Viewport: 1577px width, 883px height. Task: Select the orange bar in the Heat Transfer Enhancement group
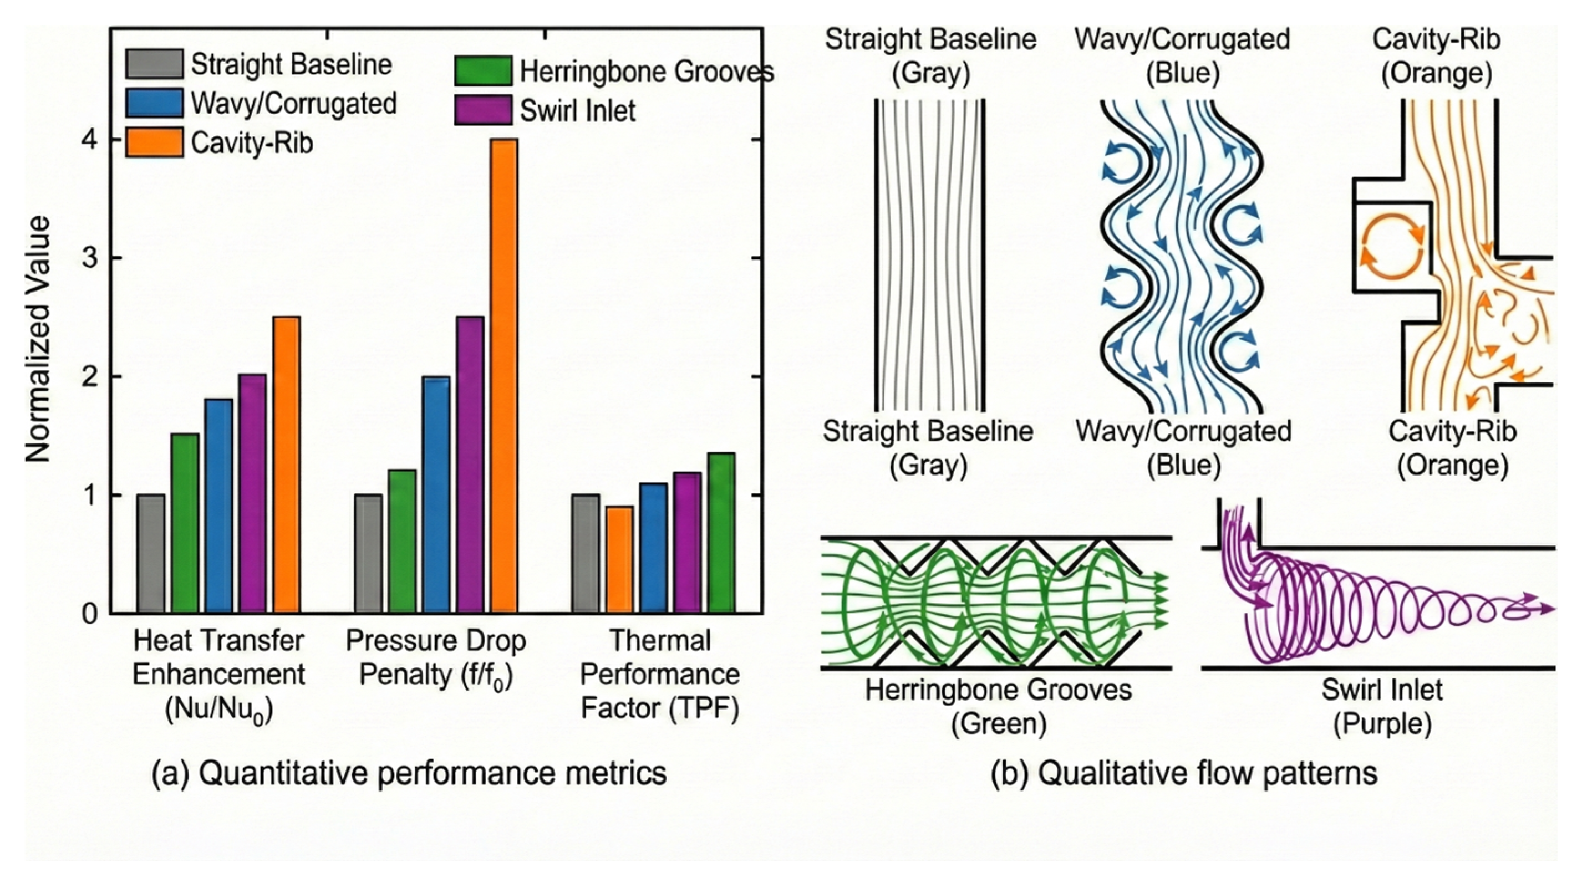[286, 465]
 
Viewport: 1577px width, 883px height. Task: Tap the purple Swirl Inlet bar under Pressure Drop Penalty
[470, 465]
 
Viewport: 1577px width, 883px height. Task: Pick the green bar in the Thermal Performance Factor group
[721, 533]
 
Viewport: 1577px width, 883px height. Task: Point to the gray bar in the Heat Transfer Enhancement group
[151, 553]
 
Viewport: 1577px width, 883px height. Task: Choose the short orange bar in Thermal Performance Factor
[619, 559]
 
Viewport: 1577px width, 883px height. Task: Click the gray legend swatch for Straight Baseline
[154, 64]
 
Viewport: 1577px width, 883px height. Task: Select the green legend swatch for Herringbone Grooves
[483, 72]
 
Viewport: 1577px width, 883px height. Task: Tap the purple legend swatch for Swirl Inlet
[483, 110]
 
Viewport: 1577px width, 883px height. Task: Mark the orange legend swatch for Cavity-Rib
[154, 142]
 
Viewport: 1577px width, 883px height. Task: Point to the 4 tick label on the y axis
[90, 140]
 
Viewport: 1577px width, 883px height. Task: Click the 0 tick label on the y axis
[90, 613]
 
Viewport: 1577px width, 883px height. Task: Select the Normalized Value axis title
[38, 340]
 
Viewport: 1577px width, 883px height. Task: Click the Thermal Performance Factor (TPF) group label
[660, 675]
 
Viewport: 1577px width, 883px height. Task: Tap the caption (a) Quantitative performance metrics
[409, 772]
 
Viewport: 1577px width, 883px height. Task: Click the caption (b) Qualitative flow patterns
[1184, 772]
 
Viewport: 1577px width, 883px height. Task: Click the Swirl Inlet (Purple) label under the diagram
[1382, 707]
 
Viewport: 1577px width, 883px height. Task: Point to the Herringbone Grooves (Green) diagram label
[998, 707]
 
